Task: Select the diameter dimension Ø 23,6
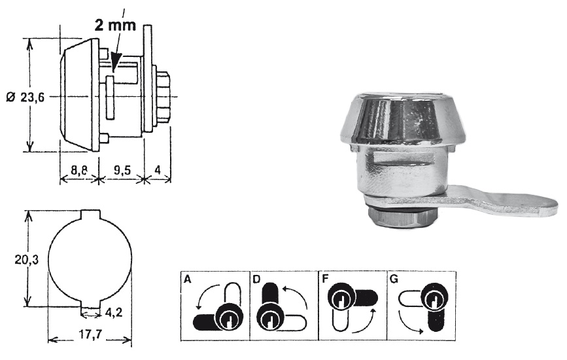click(25, 96)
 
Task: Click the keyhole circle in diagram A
click(228, 319)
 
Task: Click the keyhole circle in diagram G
click(432, 300)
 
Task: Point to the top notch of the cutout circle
click(90, 214)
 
